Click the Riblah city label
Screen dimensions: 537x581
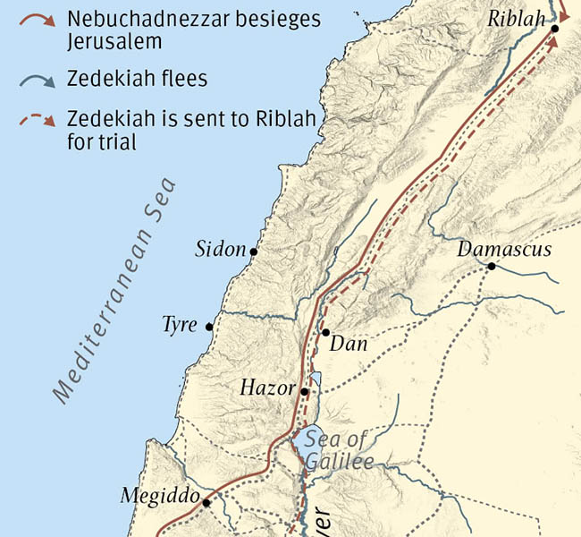pyautogui.click(x=517, y=18)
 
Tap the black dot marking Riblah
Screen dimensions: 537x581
pyautogui.click(x=555, y=29)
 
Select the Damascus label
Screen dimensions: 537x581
pyautogui.click(x=504, y=249)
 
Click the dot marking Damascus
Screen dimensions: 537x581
pyautogui.click(x=492, y=266)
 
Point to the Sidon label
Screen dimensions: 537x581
pyautogui.click(x=220, y=250)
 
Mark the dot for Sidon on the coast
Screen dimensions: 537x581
pyautogui.click(x=254, y=252)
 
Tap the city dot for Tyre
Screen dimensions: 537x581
pyautogui.click(x=209, y=327)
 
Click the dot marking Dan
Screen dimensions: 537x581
pyautogui.click(x=325, y=332)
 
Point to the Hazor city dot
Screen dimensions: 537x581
pyautogui.click(x=305, y=391)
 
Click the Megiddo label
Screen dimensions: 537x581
pyautogui.click(x=156, y=496)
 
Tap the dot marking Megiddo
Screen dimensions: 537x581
pyautogui.click(x=206, y=503)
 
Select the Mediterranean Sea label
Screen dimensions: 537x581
pyautogui.click(x=114, y=292)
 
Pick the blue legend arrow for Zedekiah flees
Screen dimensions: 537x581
pyautogui.click(x=39, y=81)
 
